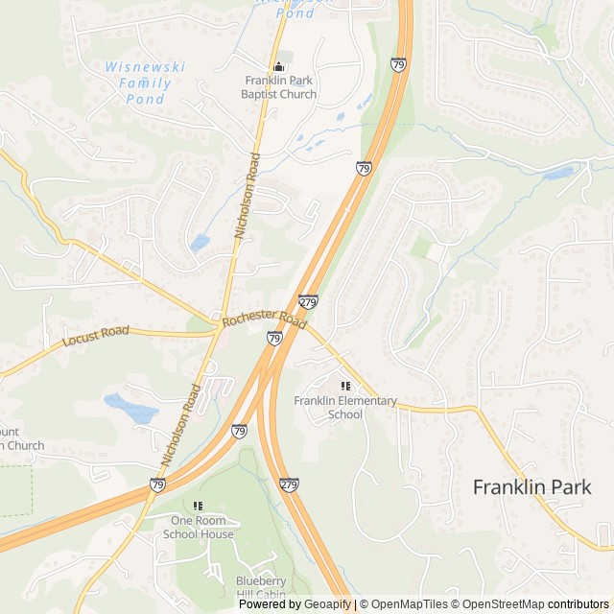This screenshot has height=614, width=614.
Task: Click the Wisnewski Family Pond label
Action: pos(144,83)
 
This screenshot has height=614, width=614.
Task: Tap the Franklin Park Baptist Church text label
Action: pos(279,87)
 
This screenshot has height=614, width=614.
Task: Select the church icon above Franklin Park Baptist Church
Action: pos(279,66)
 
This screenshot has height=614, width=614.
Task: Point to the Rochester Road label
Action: pos(263,319)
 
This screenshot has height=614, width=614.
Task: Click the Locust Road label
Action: pos(95,336)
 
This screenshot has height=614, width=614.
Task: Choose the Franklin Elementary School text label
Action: pos(345,407)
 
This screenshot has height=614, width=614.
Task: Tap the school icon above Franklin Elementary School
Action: pos(345,386)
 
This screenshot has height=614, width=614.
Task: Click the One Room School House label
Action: pos(198,528)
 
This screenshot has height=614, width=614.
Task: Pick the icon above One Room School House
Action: pos(198,506)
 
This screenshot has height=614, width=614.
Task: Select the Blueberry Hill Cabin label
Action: pos(261,586)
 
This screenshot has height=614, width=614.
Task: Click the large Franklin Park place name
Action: pos(531,486)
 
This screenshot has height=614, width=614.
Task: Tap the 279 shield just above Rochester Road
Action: pos(308,301)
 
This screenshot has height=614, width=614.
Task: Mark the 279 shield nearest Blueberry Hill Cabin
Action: pos(289,485)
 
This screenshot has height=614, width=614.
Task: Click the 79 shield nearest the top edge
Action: pos(398,64)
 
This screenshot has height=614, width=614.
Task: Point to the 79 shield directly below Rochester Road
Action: pos(274,338)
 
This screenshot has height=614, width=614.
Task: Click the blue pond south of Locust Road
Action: pos(131,409)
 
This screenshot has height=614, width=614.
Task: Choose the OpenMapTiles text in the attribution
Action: pos(410,604)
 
